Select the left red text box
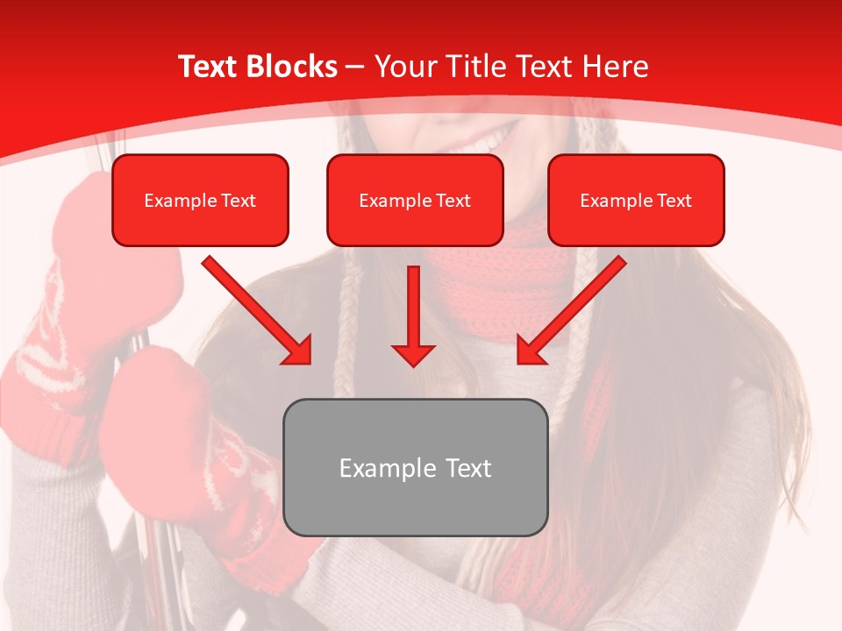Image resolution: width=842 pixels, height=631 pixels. pyautogui.click(x=200, y=200)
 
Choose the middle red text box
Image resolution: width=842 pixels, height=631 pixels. pyautogui.click(x=415, y=200)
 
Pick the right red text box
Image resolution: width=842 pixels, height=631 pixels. pyautogui.click(x=636, y=200)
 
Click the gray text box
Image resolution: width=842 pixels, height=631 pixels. pyautogui.click(x=415, y=467)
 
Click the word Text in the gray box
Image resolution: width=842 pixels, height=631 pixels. pyautogui.click(x=467, y=468)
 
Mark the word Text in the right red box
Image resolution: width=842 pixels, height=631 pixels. pyautogui.click(x=674, y=201)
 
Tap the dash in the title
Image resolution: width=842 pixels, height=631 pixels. pyautogui.click(x=355, y=67)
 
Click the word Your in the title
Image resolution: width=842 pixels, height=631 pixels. pyautogui.click(x=404, y=67)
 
